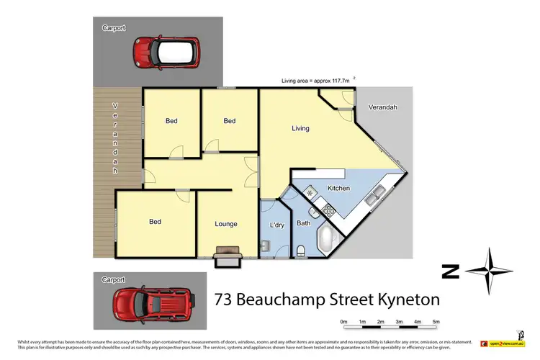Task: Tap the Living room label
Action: click(x=300, y=129)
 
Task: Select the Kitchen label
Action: click(x=338, y=188)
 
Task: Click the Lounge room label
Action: click(x=225, y=224)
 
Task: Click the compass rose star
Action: click(x=489, y=271)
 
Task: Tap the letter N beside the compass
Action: click(x=451, y=271)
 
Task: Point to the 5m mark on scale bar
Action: click(x=436, y=322)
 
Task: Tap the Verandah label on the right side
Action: click(x=382, y=107)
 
